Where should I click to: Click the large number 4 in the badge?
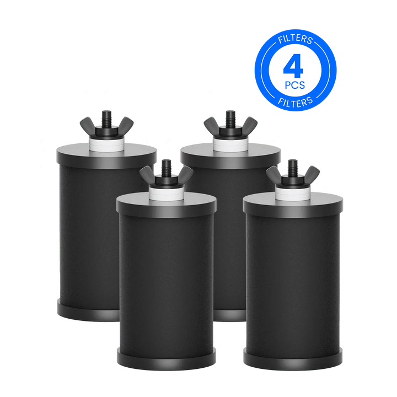tap(294, 66)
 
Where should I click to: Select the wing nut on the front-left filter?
tap(164, 175)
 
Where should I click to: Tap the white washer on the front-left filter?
tap(164, 189)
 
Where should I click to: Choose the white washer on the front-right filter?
tap(292, 189)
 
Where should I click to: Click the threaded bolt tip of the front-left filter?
tap(164, 163)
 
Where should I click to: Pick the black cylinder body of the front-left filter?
tap(165, 276)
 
